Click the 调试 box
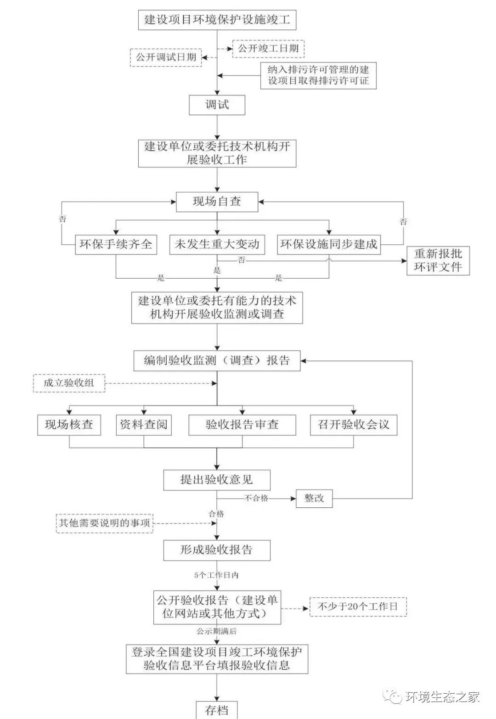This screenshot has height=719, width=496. pyautogui.click(x=217, y=105)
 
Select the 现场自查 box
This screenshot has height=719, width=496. pyautogui.click(x=217, y=202)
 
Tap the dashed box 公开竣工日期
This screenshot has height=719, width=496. pyautogui.click(x=268, y=48)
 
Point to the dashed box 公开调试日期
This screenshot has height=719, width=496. pyautogui.click(x=166, y=57)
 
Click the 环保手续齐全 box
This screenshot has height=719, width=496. pyautogui.click(x=116, y=244)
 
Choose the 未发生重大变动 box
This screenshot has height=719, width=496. pyautogui.click(x=217, y=244)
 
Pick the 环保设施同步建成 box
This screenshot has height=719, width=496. pyautogui.click(x=329, y=244)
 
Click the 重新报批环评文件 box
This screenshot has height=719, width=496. pyautogui.click(x=438, y=260)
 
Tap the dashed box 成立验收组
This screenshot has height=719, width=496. pyautogui.click(x=69, y=383)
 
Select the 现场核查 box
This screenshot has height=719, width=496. pyautogui.click(x=69, y=425)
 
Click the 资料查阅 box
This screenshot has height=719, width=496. pyautogui.click(x=144, y=425)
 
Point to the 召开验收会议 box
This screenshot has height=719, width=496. pyautogui.click(x=353, y=425)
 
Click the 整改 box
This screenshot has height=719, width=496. pyautogui.click(x=314, y=498)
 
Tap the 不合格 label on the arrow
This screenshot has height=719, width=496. pyautogui.click(x=256, y=498)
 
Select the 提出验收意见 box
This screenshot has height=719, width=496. pyautogui.click(x=217, y=480)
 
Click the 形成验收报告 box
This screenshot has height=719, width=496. pyautogui.click(x=217, y=550)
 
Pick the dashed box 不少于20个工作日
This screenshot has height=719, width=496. pyautogui.click(x=358, y=607)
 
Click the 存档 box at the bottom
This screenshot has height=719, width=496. pyautogui.click(x=217, y=710)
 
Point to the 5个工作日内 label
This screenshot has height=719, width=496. pyautogui.click(x=216, y=575)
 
